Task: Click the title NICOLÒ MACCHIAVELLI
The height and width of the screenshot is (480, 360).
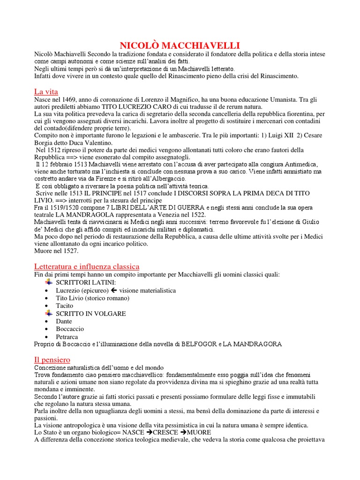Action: tap(180, 45)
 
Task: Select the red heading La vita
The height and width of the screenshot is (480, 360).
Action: tap(46, 91)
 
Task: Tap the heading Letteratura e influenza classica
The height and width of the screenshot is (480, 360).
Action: tap(87, 266)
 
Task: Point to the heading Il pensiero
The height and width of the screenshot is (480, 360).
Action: tap(52, 360)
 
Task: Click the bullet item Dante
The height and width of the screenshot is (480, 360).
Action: tap(64, 321)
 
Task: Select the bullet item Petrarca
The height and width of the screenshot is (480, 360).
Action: tap(67, 337)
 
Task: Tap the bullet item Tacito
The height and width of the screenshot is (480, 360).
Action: tap(65, 306)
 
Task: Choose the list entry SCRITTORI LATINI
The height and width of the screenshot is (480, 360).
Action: tap(85, 283)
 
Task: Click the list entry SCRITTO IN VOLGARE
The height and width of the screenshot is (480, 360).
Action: tap(91, 314)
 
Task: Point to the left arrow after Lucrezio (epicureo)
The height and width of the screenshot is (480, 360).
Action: tap(114, 290)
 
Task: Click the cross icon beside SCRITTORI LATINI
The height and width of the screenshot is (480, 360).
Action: tap(48, 282)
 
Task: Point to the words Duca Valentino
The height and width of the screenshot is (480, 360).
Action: tap(92, 142)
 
